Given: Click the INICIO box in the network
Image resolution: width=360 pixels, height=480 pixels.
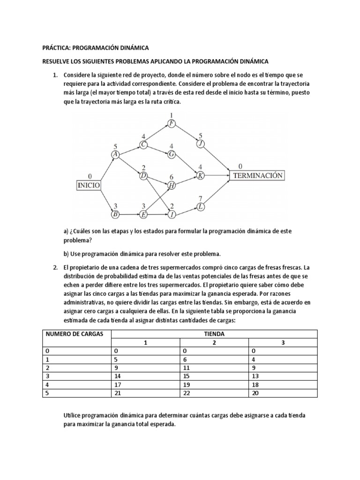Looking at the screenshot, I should coord(88,185).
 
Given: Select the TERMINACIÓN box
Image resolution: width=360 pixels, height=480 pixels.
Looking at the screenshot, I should coord(256,175).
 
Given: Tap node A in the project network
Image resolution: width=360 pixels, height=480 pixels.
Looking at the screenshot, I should coord(115,155).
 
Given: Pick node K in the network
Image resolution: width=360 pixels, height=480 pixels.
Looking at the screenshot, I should coord(201,175).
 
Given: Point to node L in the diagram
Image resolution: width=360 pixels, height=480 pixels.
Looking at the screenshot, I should coord(201,207).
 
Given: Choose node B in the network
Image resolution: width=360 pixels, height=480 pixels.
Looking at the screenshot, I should coord(115,215).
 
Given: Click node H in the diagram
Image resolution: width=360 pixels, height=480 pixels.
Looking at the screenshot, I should coord(172,186).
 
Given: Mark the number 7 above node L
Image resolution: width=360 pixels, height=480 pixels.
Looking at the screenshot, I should coord(201,198).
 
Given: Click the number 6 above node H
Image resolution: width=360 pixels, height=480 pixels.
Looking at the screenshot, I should coord(172,177).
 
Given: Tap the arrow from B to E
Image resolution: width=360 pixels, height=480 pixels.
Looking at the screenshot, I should coord(129,215).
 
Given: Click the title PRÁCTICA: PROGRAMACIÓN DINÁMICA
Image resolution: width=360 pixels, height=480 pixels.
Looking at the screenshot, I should coord(95,48).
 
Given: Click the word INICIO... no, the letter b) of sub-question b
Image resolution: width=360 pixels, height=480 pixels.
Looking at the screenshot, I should coord(66,254).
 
